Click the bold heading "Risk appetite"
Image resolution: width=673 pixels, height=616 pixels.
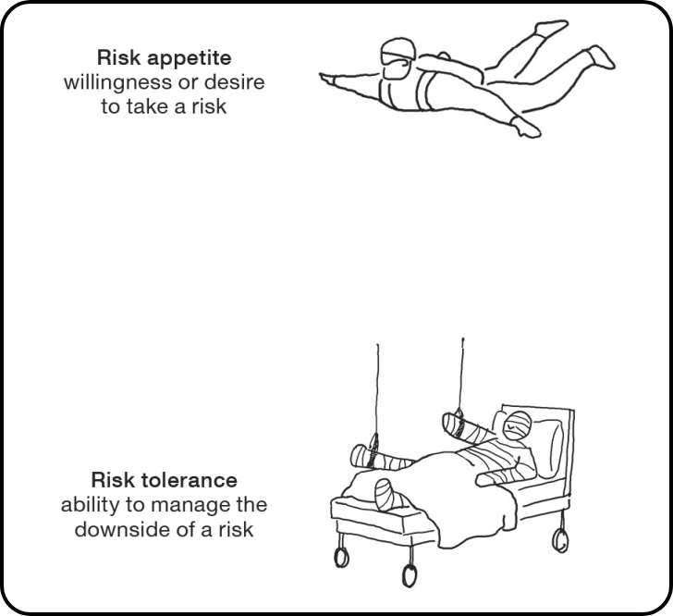click(164, 58)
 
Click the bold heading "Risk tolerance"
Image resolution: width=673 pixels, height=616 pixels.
click(164, 480)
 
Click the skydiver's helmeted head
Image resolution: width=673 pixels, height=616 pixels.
click(398, 58)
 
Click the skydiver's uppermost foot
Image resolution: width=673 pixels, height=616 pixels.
click(552, 28)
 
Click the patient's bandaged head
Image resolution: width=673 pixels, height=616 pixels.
click(517, 425)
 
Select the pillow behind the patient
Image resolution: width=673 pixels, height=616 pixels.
click(547, 447)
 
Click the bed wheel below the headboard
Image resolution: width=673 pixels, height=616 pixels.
click(560, 540)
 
